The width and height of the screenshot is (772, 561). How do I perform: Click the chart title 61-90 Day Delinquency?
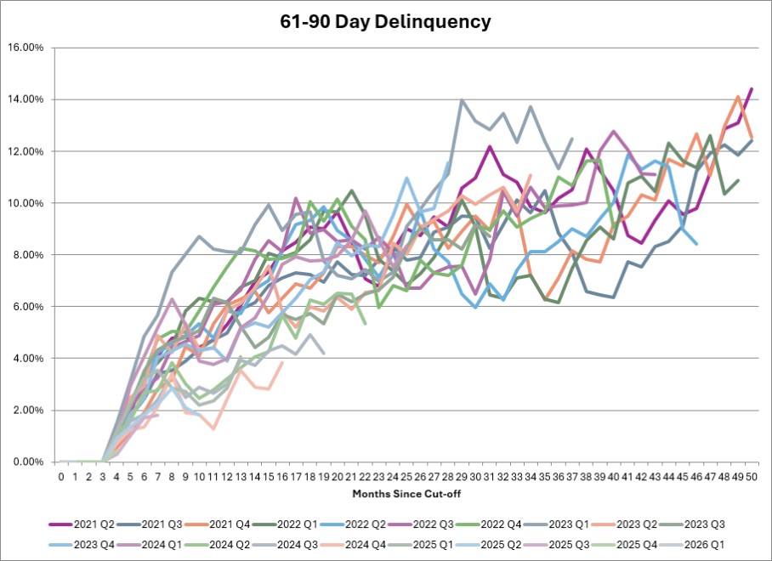tap(385, 22)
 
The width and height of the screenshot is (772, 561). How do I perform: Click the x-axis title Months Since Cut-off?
tap(406, 494)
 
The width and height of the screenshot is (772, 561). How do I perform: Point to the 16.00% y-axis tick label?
tap(26, 48)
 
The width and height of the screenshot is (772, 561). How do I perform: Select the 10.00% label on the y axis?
tap(26, 203)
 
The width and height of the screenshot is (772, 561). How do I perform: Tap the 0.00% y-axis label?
tap(27, 462)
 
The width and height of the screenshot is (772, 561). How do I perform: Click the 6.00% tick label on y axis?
tap(27, 307)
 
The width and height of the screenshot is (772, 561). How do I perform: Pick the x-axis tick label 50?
tap(752, 477)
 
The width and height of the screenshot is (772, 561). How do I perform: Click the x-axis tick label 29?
tap(462, 477)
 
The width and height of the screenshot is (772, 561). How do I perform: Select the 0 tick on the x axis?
tap(61, 477)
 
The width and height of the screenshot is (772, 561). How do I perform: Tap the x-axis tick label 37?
tap(571, 477)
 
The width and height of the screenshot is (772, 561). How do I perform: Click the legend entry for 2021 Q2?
tap(82, 524)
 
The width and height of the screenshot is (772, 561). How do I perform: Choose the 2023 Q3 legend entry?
tap(692, 524)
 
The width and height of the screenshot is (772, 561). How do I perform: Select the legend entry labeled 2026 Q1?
tap(692, 545)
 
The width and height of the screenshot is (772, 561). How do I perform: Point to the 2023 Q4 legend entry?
tap(82, 545)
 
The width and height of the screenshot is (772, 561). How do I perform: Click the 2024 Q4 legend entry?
tap(353, 545)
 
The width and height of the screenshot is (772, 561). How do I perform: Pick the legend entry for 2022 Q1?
tap(285, 524)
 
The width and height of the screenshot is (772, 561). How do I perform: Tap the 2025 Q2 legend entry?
tap(489, 545)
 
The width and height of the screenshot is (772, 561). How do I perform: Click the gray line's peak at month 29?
tap(462, 99)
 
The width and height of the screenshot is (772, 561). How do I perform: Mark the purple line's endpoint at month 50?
tap(752, 88)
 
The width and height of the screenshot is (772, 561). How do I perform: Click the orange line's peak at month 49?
tap(737, 96)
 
